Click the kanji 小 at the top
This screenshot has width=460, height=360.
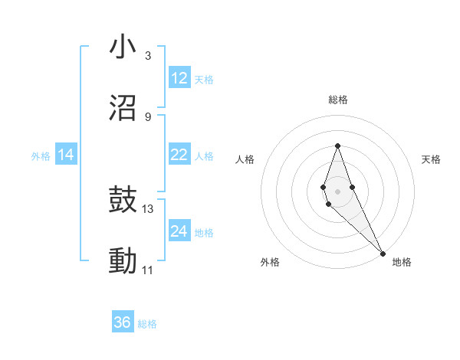123,47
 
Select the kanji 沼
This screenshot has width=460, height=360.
123,108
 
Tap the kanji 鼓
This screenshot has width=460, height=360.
123,201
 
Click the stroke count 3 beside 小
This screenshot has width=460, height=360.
147,56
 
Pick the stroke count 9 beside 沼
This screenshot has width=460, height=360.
147,116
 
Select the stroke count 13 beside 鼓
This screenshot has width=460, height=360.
148,208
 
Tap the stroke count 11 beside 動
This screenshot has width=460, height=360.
148,270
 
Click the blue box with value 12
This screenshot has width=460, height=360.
179,78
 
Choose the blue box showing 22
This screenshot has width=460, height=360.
179,155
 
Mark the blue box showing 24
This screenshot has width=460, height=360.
179,231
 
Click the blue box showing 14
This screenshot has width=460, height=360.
66,155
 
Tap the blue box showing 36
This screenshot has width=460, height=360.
123,322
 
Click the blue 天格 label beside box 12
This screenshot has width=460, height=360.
204,79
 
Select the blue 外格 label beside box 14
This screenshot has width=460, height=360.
41,155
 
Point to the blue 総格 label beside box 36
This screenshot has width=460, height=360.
147,323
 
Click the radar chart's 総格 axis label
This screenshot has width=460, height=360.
337,100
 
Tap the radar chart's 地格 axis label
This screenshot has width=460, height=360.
402,262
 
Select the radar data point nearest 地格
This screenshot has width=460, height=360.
383,253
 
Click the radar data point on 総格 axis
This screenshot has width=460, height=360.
337,146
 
